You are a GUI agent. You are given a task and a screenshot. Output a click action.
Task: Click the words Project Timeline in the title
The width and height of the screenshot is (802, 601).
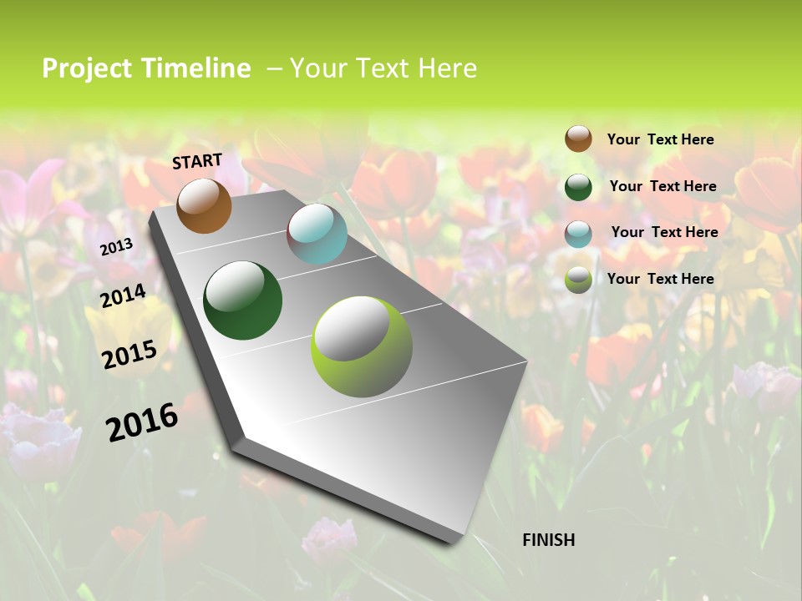(146, 68)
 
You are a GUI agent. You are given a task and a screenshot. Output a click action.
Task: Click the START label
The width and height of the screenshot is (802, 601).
(197, 161)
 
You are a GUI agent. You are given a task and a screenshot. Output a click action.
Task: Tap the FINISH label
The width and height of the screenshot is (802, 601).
(548, 540)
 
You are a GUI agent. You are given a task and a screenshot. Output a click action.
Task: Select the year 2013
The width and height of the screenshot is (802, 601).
(116, 247)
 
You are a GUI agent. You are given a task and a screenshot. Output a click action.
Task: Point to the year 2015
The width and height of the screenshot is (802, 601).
(129, 354)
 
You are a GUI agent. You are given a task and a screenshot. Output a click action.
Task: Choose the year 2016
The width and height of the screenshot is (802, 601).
(142, 422)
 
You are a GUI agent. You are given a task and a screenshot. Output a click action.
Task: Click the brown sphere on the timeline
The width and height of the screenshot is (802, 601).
(204, 205)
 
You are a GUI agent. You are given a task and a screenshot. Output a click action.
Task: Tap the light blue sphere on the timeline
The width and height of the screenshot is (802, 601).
(317, 234)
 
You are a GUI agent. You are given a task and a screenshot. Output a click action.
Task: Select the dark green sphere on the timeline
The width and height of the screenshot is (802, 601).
(242, 300)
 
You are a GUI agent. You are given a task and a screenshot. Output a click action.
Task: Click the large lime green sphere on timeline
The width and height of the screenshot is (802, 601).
(362, 346)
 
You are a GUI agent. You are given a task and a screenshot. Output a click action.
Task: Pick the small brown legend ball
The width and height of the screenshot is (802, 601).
(578, 139)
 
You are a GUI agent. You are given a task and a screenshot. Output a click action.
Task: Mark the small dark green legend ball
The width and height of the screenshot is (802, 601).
(578, 186)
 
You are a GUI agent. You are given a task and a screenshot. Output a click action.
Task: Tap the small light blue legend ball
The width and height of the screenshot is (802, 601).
(578, 233)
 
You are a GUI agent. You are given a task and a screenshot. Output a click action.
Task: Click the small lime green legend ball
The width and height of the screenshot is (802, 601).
(578, 280)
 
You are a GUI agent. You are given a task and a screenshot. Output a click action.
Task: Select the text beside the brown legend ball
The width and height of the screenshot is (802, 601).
(660, 139)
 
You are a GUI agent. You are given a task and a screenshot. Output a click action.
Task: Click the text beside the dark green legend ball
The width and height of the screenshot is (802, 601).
(662, 186)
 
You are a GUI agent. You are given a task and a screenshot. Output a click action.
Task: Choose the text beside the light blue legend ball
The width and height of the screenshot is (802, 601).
(664, 232)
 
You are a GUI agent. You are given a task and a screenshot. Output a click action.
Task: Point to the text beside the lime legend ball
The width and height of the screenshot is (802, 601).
(660, 279)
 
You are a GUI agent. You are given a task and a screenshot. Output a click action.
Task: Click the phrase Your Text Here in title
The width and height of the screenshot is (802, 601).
(383, 68)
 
